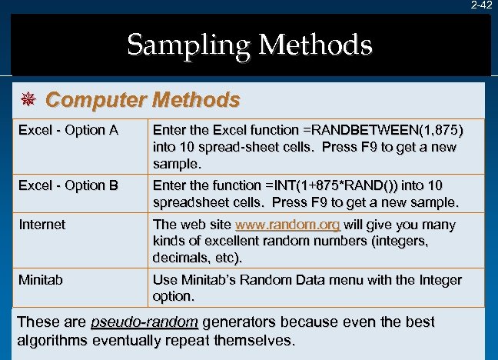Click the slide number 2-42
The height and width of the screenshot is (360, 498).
[482, 5]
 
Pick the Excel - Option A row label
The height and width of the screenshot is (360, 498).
[68, 129]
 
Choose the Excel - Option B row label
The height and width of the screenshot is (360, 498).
[68, 185]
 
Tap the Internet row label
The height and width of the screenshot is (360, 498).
[41, 225]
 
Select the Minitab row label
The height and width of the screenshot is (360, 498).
[41, 280]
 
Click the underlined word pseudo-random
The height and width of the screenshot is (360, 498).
[144, 322]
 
